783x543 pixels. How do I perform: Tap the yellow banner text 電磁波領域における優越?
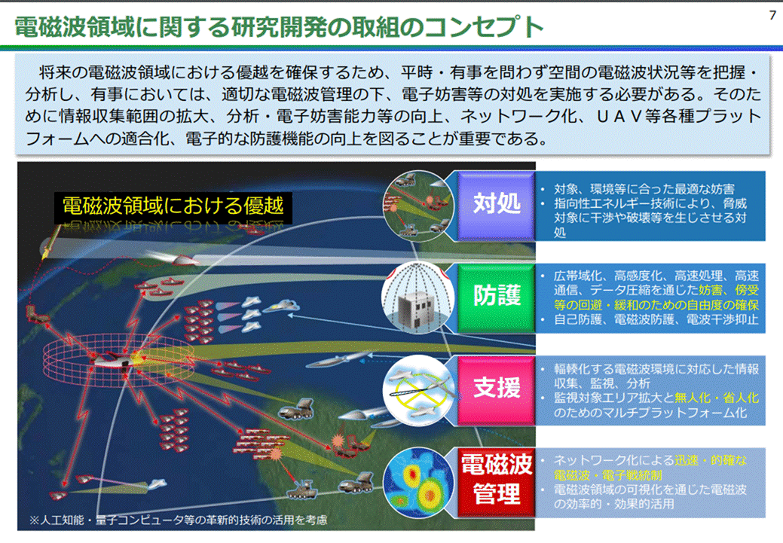click(173, 206)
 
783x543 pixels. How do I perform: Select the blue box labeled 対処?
click(497, 202)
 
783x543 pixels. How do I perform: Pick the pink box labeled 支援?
click(497, 388)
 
